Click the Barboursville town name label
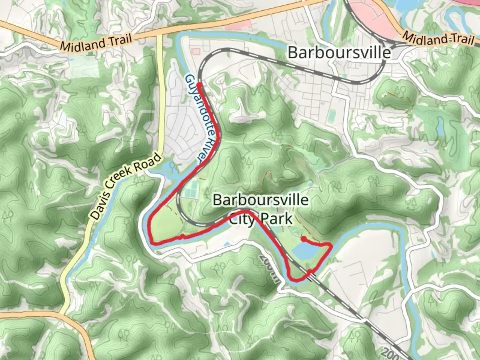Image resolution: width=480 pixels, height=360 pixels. [x=339, y=53]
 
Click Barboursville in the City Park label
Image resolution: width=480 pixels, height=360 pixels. [x=260, y=200]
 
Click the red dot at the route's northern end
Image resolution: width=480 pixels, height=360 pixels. [x=199, y=85]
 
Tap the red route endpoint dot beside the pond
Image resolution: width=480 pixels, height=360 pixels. [x=304, y=239]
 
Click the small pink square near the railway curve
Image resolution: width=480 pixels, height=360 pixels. [x=196, y=52]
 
